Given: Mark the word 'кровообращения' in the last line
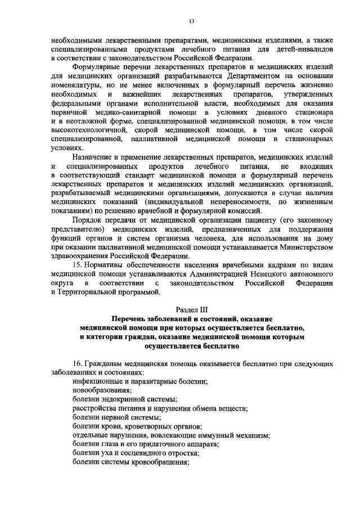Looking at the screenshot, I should (160, 462).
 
